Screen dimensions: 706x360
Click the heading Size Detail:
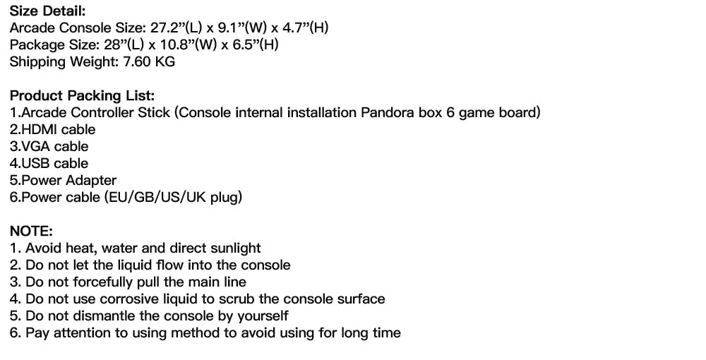pos(47,11)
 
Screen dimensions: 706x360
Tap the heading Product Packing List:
pos(82,95)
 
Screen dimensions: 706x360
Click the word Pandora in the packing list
pos(388,112)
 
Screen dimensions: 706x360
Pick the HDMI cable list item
pos(52,129)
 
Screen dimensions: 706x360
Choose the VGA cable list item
pos(49,146)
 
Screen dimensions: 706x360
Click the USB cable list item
pos(49,163)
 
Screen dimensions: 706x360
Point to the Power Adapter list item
pos(63,180)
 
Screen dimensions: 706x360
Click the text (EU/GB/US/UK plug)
pos(173,197)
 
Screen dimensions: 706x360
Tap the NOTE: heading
pos(32,231)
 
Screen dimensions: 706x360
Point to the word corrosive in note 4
pos(147,299)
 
